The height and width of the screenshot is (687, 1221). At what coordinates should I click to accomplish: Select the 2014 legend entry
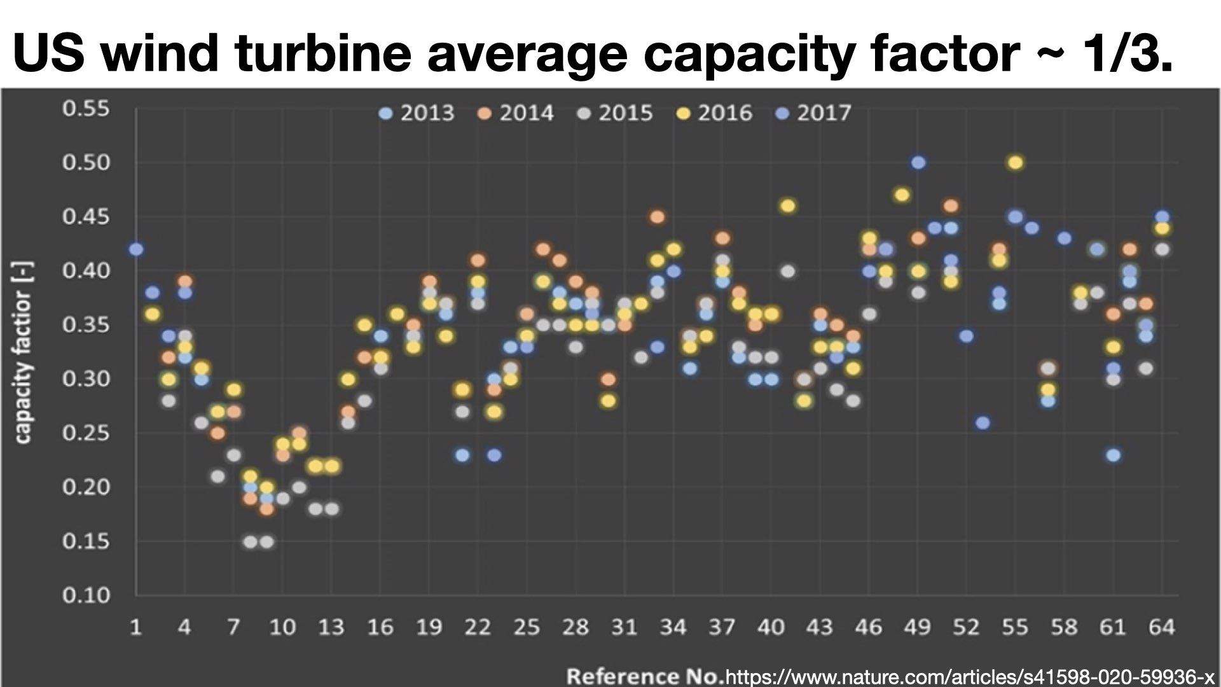[517, 113]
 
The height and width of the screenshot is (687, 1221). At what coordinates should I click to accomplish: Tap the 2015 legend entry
[616, 113]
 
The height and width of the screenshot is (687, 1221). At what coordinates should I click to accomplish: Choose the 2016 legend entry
[715, 113]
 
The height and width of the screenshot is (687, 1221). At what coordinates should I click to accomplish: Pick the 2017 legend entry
[815, 113]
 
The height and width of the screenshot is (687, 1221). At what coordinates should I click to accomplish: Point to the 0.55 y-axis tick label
[86, 108]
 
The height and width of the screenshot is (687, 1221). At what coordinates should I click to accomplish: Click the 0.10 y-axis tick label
[86, 595]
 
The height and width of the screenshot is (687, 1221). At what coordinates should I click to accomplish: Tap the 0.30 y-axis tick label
[86, 379]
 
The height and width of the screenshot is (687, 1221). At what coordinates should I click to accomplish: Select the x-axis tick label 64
[1161, 628]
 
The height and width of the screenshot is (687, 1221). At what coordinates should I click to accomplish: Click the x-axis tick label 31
[624, 628]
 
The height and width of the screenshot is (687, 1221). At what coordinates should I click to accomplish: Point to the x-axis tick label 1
[135, 628]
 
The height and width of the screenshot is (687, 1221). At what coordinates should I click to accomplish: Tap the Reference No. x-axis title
[645, 676]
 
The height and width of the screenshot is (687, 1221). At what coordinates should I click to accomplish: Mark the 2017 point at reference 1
[135, 249]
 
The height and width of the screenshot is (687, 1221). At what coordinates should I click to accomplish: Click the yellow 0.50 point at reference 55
[1015, 163]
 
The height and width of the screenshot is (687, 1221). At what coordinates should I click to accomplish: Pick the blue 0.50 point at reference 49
[918, 163]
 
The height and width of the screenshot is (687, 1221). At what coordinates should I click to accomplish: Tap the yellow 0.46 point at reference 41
[787, 205]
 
